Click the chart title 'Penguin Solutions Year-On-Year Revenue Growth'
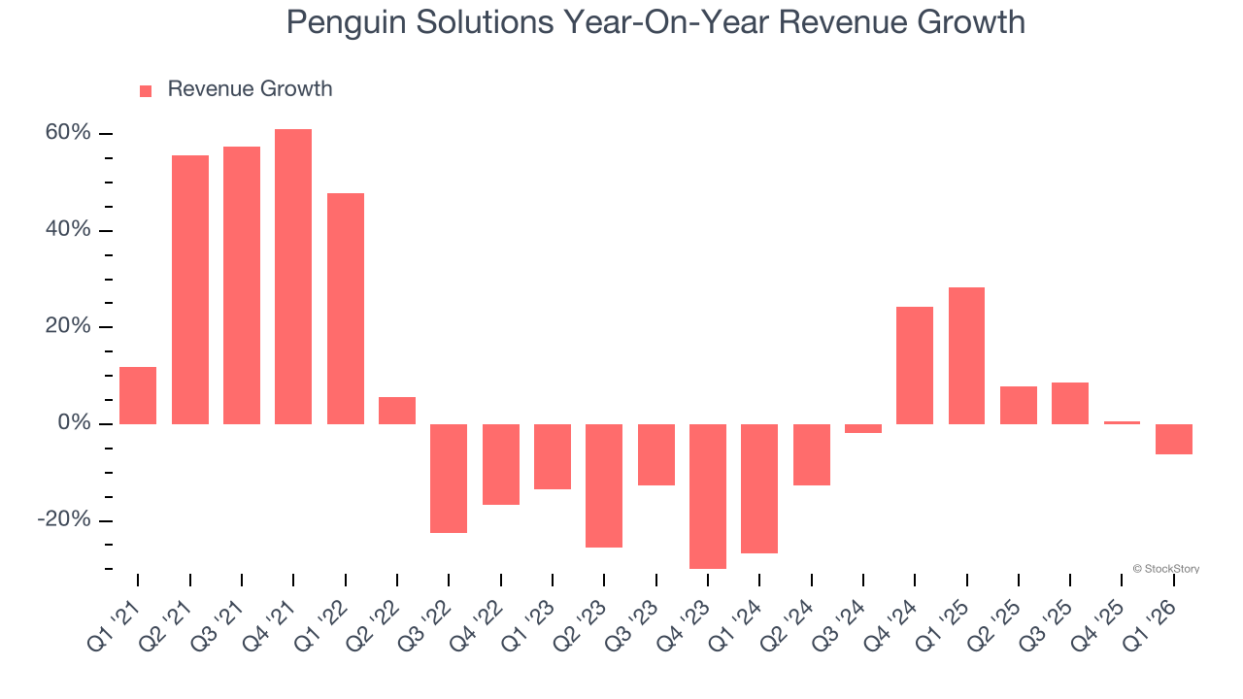pos(655,21)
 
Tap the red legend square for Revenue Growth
pos(146,90)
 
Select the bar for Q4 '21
pos(293,277)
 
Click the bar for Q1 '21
pos(138,395)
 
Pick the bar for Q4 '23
pos(708,496)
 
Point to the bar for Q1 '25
pos(966,355)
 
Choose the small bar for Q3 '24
pos(863,428)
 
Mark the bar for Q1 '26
pos(1174,439)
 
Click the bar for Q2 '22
pos(397,411)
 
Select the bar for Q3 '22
pos(449,478)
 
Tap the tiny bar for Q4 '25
pos(1122,422)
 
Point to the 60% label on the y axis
pos(68,133)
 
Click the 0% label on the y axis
pos(74,423)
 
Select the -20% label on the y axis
pos(64,520)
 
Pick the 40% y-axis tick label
pos(68,230)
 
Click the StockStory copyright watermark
pos(1165,569)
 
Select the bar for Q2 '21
pos(190,289)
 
